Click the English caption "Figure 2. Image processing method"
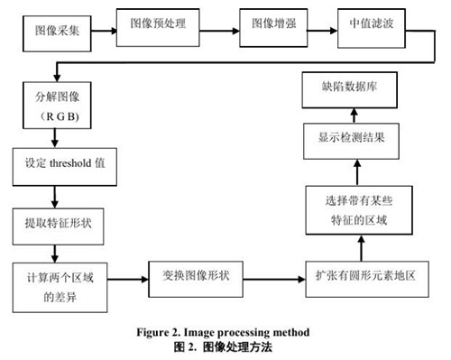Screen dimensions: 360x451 224,333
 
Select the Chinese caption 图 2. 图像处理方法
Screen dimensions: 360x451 224,346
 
